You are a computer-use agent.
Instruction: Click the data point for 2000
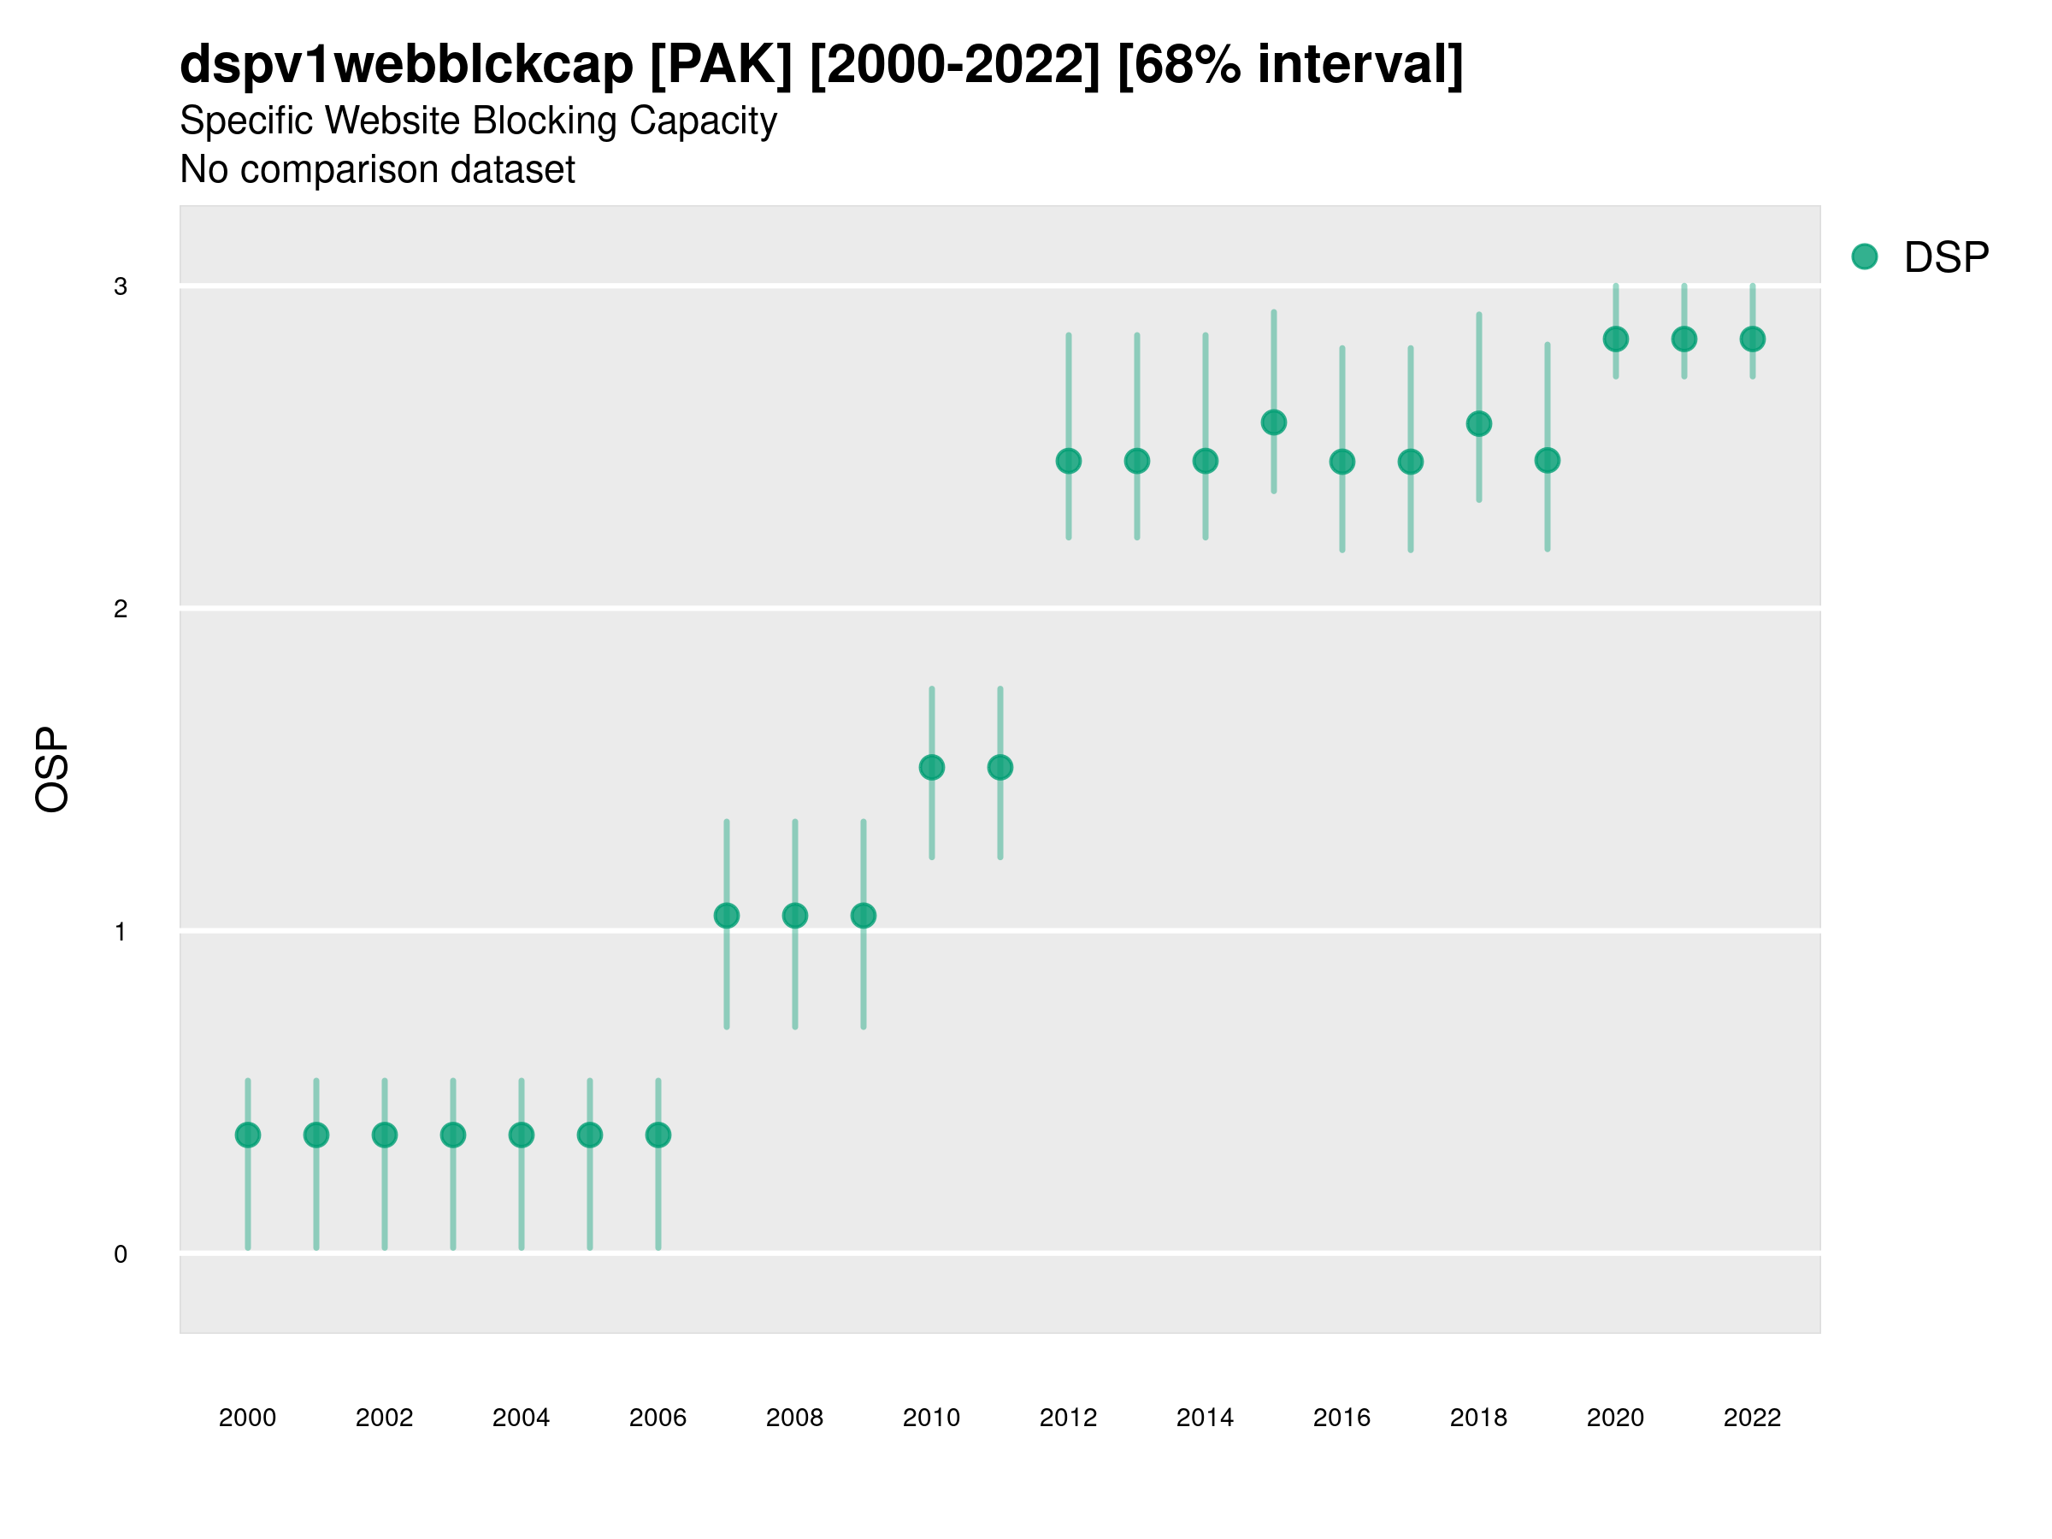248,1135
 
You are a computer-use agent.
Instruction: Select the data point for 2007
727,916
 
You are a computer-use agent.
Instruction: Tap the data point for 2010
931,767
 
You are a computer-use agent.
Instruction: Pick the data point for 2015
1274,422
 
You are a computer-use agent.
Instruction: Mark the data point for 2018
1478,424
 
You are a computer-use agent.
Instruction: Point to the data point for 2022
1753,339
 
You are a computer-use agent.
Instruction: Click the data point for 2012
1069,461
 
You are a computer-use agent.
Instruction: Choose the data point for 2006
657,1135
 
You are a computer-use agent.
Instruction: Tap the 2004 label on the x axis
521,1418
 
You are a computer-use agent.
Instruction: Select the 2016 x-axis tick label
1341,1418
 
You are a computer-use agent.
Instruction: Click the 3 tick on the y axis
121,286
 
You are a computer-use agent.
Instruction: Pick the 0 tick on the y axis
121,1254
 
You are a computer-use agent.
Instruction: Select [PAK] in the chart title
721,65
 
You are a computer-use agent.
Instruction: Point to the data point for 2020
1615,339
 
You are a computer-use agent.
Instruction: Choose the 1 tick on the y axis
121,931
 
